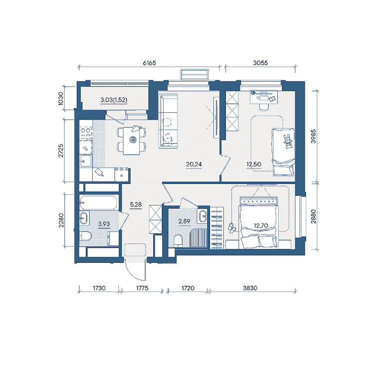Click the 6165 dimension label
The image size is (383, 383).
point(149,63)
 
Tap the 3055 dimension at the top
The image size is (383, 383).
point(260,63)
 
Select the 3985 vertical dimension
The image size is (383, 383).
point(313,136)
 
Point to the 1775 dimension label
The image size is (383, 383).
point(142,288)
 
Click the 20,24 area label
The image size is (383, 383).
point(193,165)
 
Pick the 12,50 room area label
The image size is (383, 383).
point(253,165)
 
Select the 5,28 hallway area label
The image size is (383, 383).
point(136,204)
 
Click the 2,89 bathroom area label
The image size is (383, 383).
point(184,221)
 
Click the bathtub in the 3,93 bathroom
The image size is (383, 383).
point(98,202)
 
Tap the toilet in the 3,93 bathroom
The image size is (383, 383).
point(85,236)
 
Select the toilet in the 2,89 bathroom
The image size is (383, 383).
point(178,240)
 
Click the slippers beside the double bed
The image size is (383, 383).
point(232,227)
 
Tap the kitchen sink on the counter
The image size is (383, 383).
point(85,161)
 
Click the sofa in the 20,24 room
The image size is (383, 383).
point(168,121)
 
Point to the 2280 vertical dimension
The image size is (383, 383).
point(61,220)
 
